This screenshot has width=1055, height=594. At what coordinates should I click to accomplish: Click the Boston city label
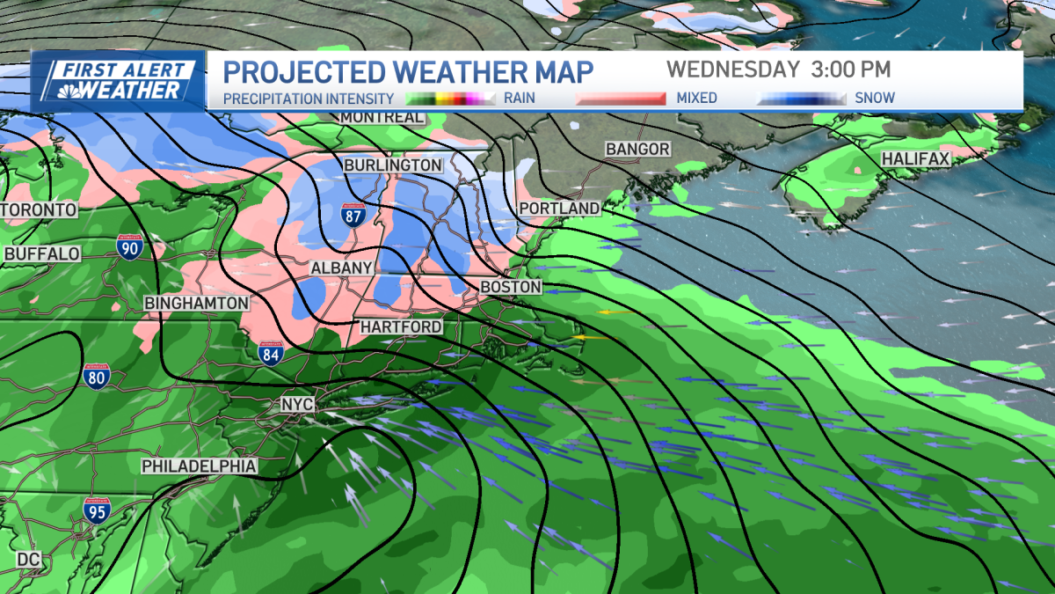(x=511, y=287)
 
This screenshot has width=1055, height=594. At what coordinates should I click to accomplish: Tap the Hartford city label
(x=401, y=326)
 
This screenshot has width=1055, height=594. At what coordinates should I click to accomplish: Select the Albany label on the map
(x=342, y=268)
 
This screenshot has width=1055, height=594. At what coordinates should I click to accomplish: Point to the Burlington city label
(x=393, y=165)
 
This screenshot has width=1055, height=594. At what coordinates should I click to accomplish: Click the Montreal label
(x=382, y=117)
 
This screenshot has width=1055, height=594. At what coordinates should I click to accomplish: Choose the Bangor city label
(x=638, y=150)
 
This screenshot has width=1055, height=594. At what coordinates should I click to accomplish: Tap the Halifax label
(x=916, y=159)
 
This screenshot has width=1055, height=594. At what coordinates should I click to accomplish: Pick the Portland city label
(x=559, y=208)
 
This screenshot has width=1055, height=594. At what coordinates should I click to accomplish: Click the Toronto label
(x=39, y=210)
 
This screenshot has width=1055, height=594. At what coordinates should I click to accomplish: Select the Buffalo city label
(x=42, y=254)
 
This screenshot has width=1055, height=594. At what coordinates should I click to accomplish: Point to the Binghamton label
(x=197, y=303)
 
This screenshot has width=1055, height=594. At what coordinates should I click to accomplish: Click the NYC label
(x=295, y=404)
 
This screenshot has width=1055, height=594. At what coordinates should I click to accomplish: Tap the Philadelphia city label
(x=200, y=466)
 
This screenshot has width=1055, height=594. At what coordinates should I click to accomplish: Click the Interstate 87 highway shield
(x=354, y=216)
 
